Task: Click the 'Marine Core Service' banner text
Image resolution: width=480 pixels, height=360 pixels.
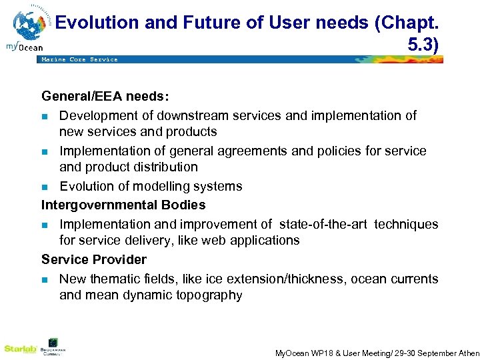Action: click(x=79, y=59)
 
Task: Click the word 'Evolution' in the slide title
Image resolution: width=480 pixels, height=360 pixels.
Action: click(x=96, y=23)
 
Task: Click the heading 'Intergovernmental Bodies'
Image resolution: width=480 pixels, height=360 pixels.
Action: click(x=123, y=205)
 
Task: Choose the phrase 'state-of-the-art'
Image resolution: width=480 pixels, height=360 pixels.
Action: click(x=324, y=224)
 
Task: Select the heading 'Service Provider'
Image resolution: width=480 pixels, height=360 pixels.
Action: click(x=94, y=259)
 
